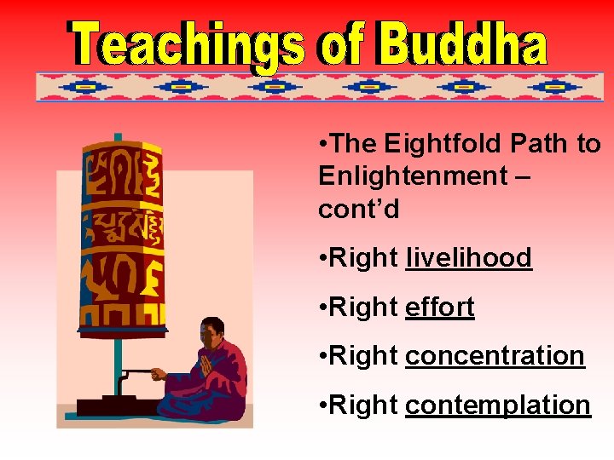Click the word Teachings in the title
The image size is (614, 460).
[x=187, y=43]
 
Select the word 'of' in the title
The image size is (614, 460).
[x=341, y=43]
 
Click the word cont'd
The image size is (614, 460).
[x=359, y=209]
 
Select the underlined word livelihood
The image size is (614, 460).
[x=468, y=257]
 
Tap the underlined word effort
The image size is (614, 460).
[x=439, y=307]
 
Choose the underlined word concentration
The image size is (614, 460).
[x=495, y=356]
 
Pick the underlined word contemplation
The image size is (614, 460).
[x=497, y=405]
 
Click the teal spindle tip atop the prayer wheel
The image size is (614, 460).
[x=118, y=137]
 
